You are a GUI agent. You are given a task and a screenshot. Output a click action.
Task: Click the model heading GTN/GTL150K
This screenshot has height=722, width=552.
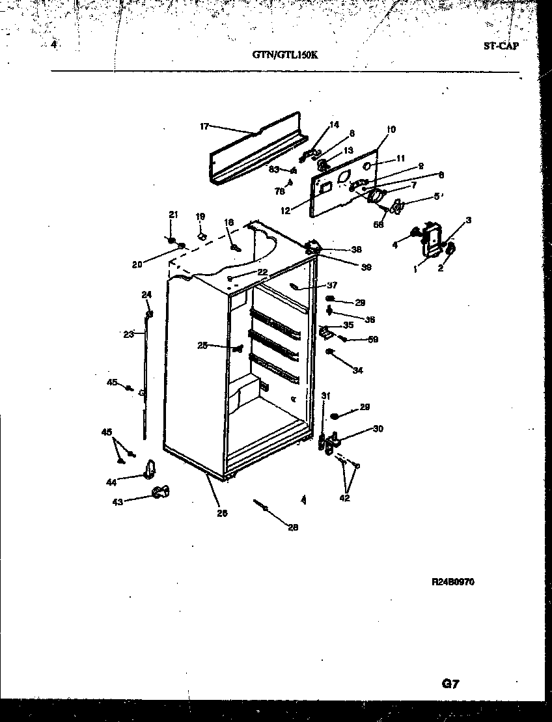pos(285,55)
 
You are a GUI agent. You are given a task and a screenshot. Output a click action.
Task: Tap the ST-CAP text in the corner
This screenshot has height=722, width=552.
pos(501,47)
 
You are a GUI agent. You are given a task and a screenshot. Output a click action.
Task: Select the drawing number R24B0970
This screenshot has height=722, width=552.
pos(452,582)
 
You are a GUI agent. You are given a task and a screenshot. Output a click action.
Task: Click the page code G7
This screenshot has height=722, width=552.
pos(451,684)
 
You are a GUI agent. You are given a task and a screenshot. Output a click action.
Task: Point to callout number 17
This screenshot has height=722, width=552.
pos(204,126)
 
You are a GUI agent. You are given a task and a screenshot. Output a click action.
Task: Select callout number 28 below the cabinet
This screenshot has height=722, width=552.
pos(293,528)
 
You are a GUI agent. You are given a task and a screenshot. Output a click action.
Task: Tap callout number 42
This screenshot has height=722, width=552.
pos(344,498)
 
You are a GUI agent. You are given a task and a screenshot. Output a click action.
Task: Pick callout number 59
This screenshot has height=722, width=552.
pos(373,339)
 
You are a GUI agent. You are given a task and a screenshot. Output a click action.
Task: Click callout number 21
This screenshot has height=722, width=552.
pos(172,215)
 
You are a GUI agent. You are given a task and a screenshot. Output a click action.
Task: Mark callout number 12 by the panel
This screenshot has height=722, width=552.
pos(284,210)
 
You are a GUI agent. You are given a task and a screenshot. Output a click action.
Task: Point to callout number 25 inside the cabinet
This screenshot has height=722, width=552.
pos(202,346)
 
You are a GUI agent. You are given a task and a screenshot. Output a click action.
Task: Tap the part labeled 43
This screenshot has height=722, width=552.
pos(160,493)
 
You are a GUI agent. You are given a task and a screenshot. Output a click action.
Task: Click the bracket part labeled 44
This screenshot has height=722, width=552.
pos(150,469)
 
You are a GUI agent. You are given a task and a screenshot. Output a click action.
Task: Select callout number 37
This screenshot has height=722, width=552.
pos(332,285)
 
